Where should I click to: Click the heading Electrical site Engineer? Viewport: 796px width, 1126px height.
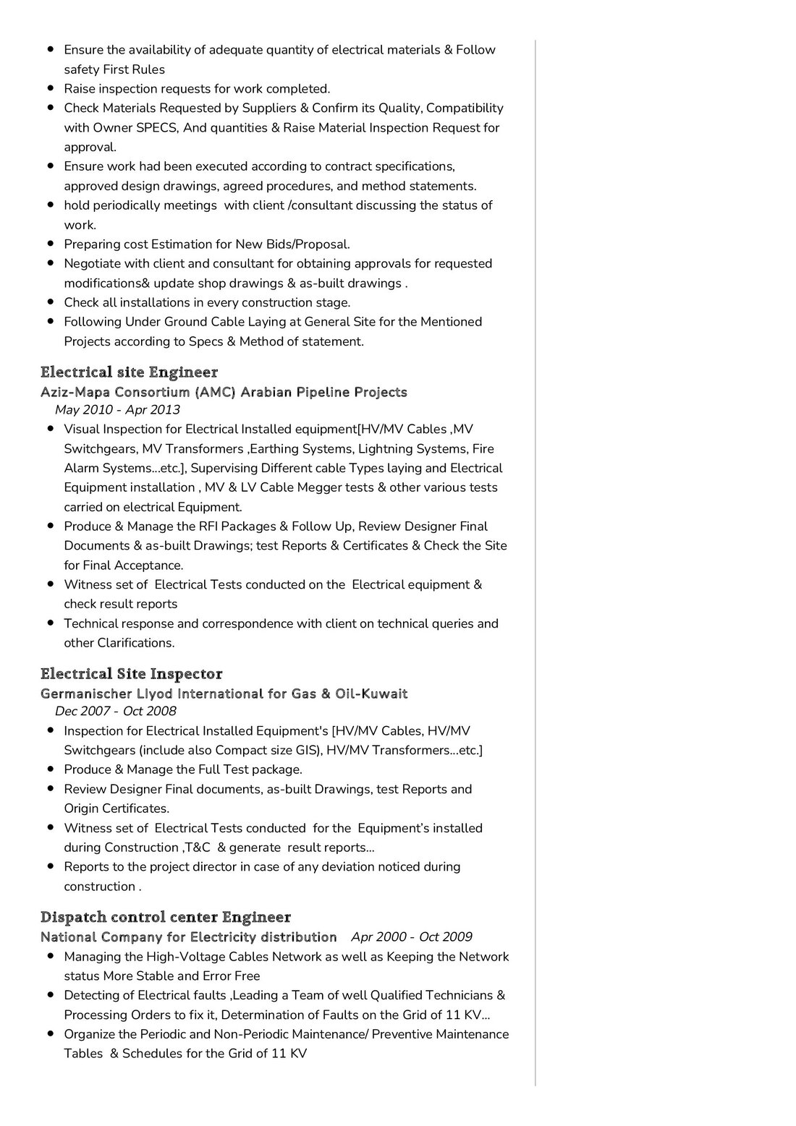coord(129,372)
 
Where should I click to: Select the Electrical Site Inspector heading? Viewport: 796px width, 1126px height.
coord(131,674)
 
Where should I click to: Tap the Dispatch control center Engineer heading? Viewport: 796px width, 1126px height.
coord(165,918)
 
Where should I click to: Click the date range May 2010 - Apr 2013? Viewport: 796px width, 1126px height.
coord(117,410)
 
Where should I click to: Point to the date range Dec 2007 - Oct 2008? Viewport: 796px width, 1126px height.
coord(116,711)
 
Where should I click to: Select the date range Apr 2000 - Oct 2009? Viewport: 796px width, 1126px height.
coord(412,937)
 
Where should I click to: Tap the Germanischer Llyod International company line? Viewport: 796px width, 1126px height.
coord(224,694)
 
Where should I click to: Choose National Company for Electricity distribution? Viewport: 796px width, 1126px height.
coord(188,937)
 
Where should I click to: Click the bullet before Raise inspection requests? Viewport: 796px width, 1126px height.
coord(51,88)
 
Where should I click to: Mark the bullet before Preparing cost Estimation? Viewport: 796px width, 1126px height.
coord(51,244)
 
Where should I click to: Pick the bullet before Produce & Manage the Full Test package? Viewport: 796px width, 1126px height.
coord(51,769)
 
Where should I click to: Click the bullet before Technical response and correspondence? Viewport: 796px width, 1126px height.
coord(51,623)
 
